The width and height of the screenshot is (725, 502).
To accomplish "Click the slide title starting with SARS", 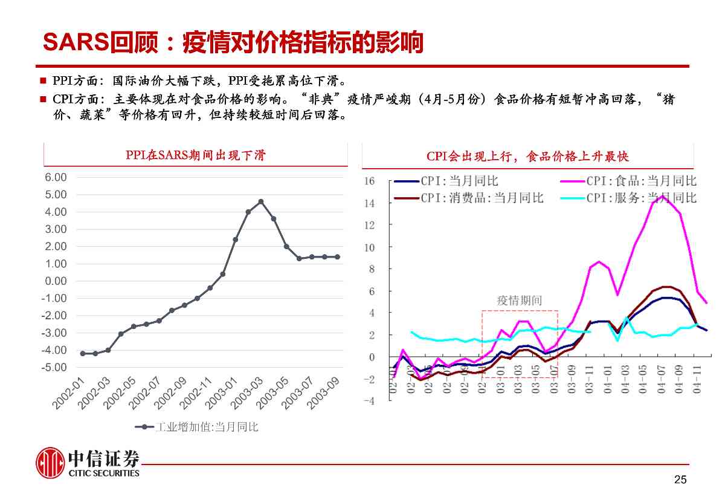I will point(233,42).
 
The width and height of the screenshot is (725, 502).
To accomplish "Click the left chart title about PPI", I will point(195,155).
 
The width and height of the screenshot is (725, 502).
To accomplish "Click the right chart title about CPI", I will point(527,157).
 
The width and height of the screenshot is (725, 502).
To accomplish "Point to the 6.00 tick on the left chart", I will point(56,177).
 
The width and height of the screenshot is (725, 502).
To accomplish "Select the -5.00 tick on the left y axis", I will point(54,368).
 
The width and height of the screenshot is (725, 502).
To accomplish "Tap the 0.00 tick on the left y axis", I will point(56,281).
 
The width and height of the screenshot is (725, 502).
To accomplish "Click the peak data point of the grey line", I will point(260,201).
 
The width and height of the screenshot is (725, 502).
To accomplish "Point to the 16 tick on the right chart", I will point(370,181).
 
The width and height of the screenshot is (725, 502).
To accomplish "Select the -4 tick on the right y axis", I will point(370,401).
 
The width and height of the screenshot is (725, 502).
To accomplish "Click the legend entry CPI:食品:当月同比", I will point(641,181).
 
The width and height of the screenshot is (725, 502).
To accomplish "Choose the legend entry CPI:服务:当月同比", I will point(641,198).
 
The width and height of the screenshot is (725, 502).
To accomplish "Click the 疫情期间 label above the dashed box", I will point(519,300).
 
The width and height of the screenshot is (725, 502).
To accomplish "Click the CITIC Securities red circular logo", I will point(50,463).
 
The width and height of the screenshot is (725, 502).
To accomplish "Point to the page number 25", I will point(680,480).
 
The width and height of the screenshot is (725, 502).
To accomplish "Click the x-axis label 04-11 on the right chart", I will point(697,382).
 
